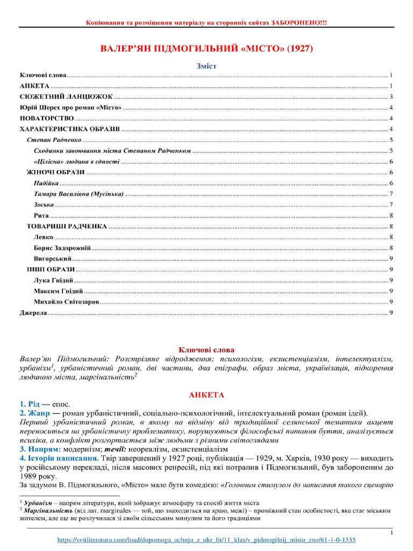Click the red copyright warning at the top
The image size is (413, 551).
click(x=206, y=23)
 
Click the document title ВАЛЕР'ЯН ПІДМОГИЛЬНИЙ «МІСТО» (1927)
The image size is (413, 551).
click(x=206, y=49)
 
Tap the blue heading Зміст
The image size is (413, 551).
click(x=206, y=66)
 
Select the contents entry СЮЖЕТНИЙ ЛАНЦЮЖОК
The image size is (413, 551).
click(x=66, y=97)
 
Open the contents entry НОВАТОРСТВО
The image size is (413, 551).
click(x=47, y=118)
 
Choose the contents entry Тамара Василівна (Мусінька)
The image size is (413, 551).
click(x=78, y=194)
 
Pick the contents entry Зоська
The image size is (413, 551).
click(x=44, y=204)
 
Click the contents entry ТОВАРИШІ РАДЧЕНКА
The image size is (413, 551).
click(x=67, y=226)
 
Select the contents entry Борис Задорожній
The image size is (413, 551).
click(x=62, y=248)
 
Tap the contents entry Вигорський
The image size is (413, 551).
click(x=53, y=259)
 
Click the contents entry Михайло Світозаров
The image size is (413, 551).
click(x=66, y=302)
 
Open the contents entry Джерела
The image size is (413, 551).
click(x=33, y=313)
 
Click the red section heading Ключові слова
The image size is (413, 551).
click(x=206, y=350)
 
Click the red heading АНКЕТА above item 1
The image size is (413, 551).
click(x=206, y=395)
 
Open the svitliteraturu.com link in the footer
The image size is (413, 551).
click(x=206, y=540)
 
